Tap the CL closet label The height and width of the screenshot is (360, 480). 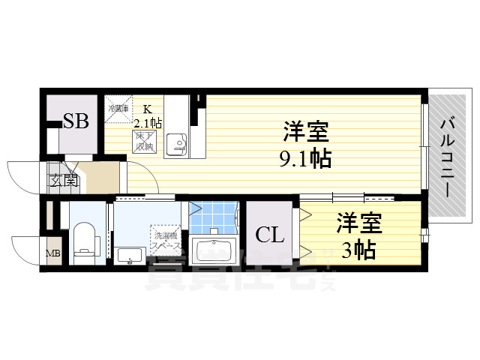[270, 235]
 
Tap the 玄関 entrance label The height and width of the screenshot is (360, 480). [64, 180]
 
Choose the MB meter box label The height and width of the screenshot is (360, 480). [53, 253]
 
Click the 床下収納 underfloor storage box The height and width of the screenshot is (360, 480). [142, 141]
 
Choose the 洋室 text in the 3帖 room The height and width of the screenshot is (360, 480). [359, 223]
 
